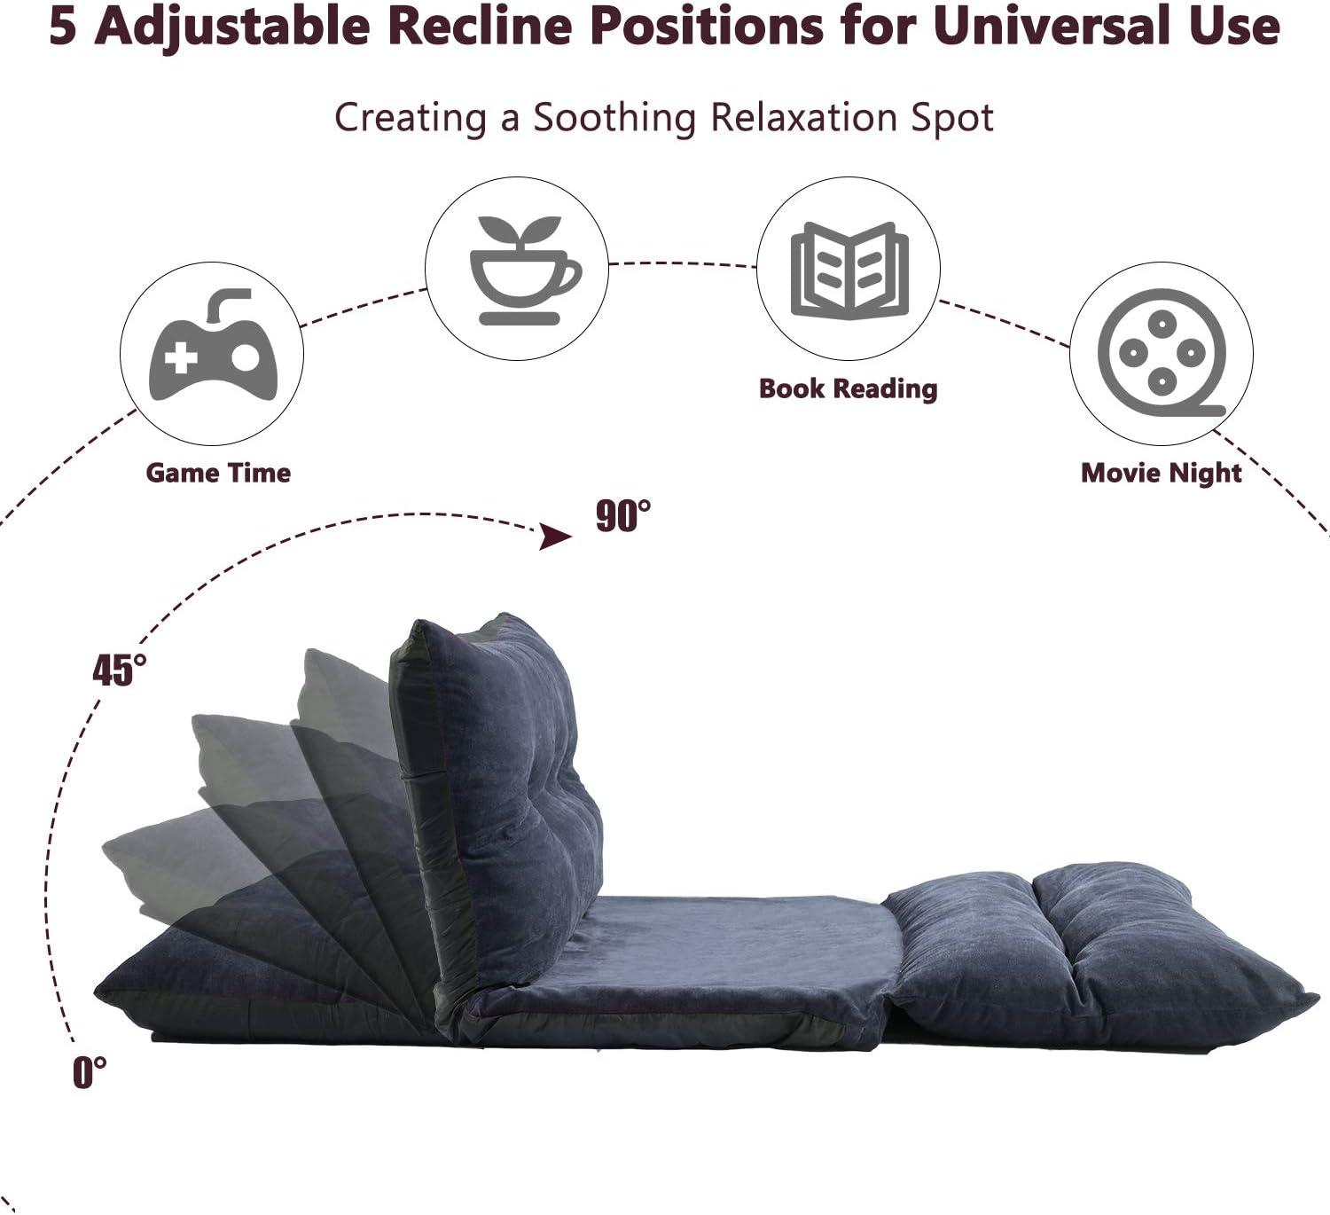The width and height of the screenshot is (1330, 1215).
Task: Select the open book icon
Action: click(849, 270)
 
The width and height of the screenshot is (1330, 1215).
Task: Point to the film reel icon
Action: click(1162, 353)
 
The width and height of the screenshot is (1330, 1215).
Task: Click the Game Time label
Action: click(218, 473)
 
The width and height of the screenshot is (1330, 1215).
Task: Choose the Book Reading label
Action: click(848, 388)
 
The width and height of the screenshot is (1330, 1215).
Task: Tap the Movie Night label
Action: click(1161, 473)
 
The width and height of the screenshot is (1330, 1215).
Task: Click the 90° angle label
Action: click(622, 516)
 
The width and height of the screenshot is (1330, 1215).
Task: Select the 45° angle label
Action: click(120, 670)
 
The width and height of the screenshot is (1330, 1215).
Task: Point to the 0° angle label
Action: click(90, 1072)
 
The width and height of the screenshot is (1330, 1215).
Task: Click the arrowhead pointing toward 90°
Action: click(556, 537)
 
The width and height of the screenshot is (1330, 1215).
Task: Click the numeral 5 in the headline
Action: click(63, 27)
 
